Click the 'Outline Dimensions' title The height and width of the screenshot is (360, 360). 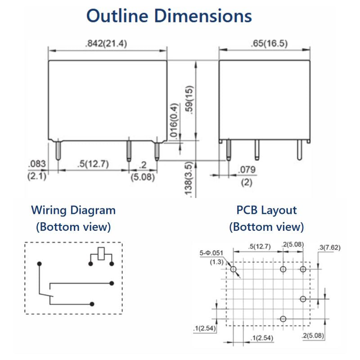(x=169, y=16)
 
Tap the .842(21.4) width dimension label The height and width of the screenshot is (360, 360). (x=106, y=43)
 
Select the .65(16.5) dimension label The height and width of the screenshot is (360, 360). (x=269, y=43)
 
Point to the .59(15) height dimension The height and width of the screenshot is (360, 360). (x=189, y=100)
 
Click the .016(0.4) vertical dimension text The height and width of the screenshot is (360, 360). (x=174, y=120)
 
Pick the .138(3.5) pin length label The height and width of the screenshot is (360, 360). (x=188, y=179)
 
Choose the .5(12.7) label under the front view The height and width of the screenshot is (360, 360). (x=93, y=164)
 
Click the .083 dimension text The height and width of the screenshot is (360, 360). (x=37, y=164)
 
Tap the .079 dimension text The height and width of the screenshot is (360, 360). (x=247, y=170)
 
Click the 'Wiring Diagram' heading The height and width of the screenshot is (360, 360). (x=73, y=210)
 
